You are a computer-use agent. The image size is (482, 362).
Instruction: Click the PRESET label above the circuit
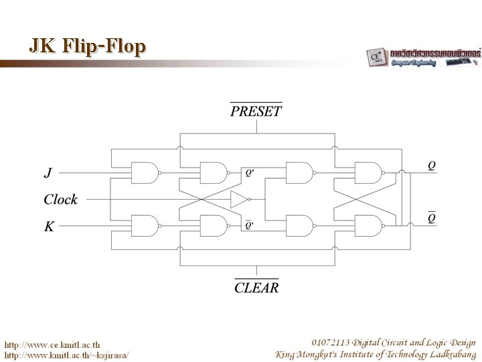(x=256, y=111)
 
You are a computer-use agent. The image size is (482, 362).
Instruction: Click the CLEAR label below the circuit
(x=256, y=288)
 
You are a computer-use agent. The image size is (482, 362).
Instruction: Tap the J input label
(x=48, y=173)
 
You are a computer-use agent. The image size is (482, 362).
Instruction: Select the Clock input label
(x=61, y=199)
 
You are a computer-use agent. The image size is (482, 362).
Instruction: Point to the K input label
(x=49, y=227)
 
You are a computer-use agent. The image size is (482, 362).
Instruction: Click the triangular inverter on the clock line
(x=238, y=199)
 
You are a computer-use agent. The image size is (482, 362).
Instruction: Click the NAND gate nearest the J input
(x=145, y=172)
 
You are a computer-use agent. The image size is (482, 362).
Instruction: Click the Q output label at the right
(x=432, y=164)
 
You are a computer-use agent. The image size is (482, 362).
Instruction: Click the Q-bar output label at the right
(x=432, y=217)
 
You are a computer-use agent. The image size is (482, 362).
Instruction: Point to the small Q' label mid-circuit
(x=249, y=174)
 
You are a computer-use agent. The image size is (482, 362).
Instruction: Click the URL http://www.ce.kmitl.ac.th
(x=53, y=344)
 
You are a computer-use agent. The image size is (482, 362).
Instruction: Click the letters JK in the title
(x=42, y=46)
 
